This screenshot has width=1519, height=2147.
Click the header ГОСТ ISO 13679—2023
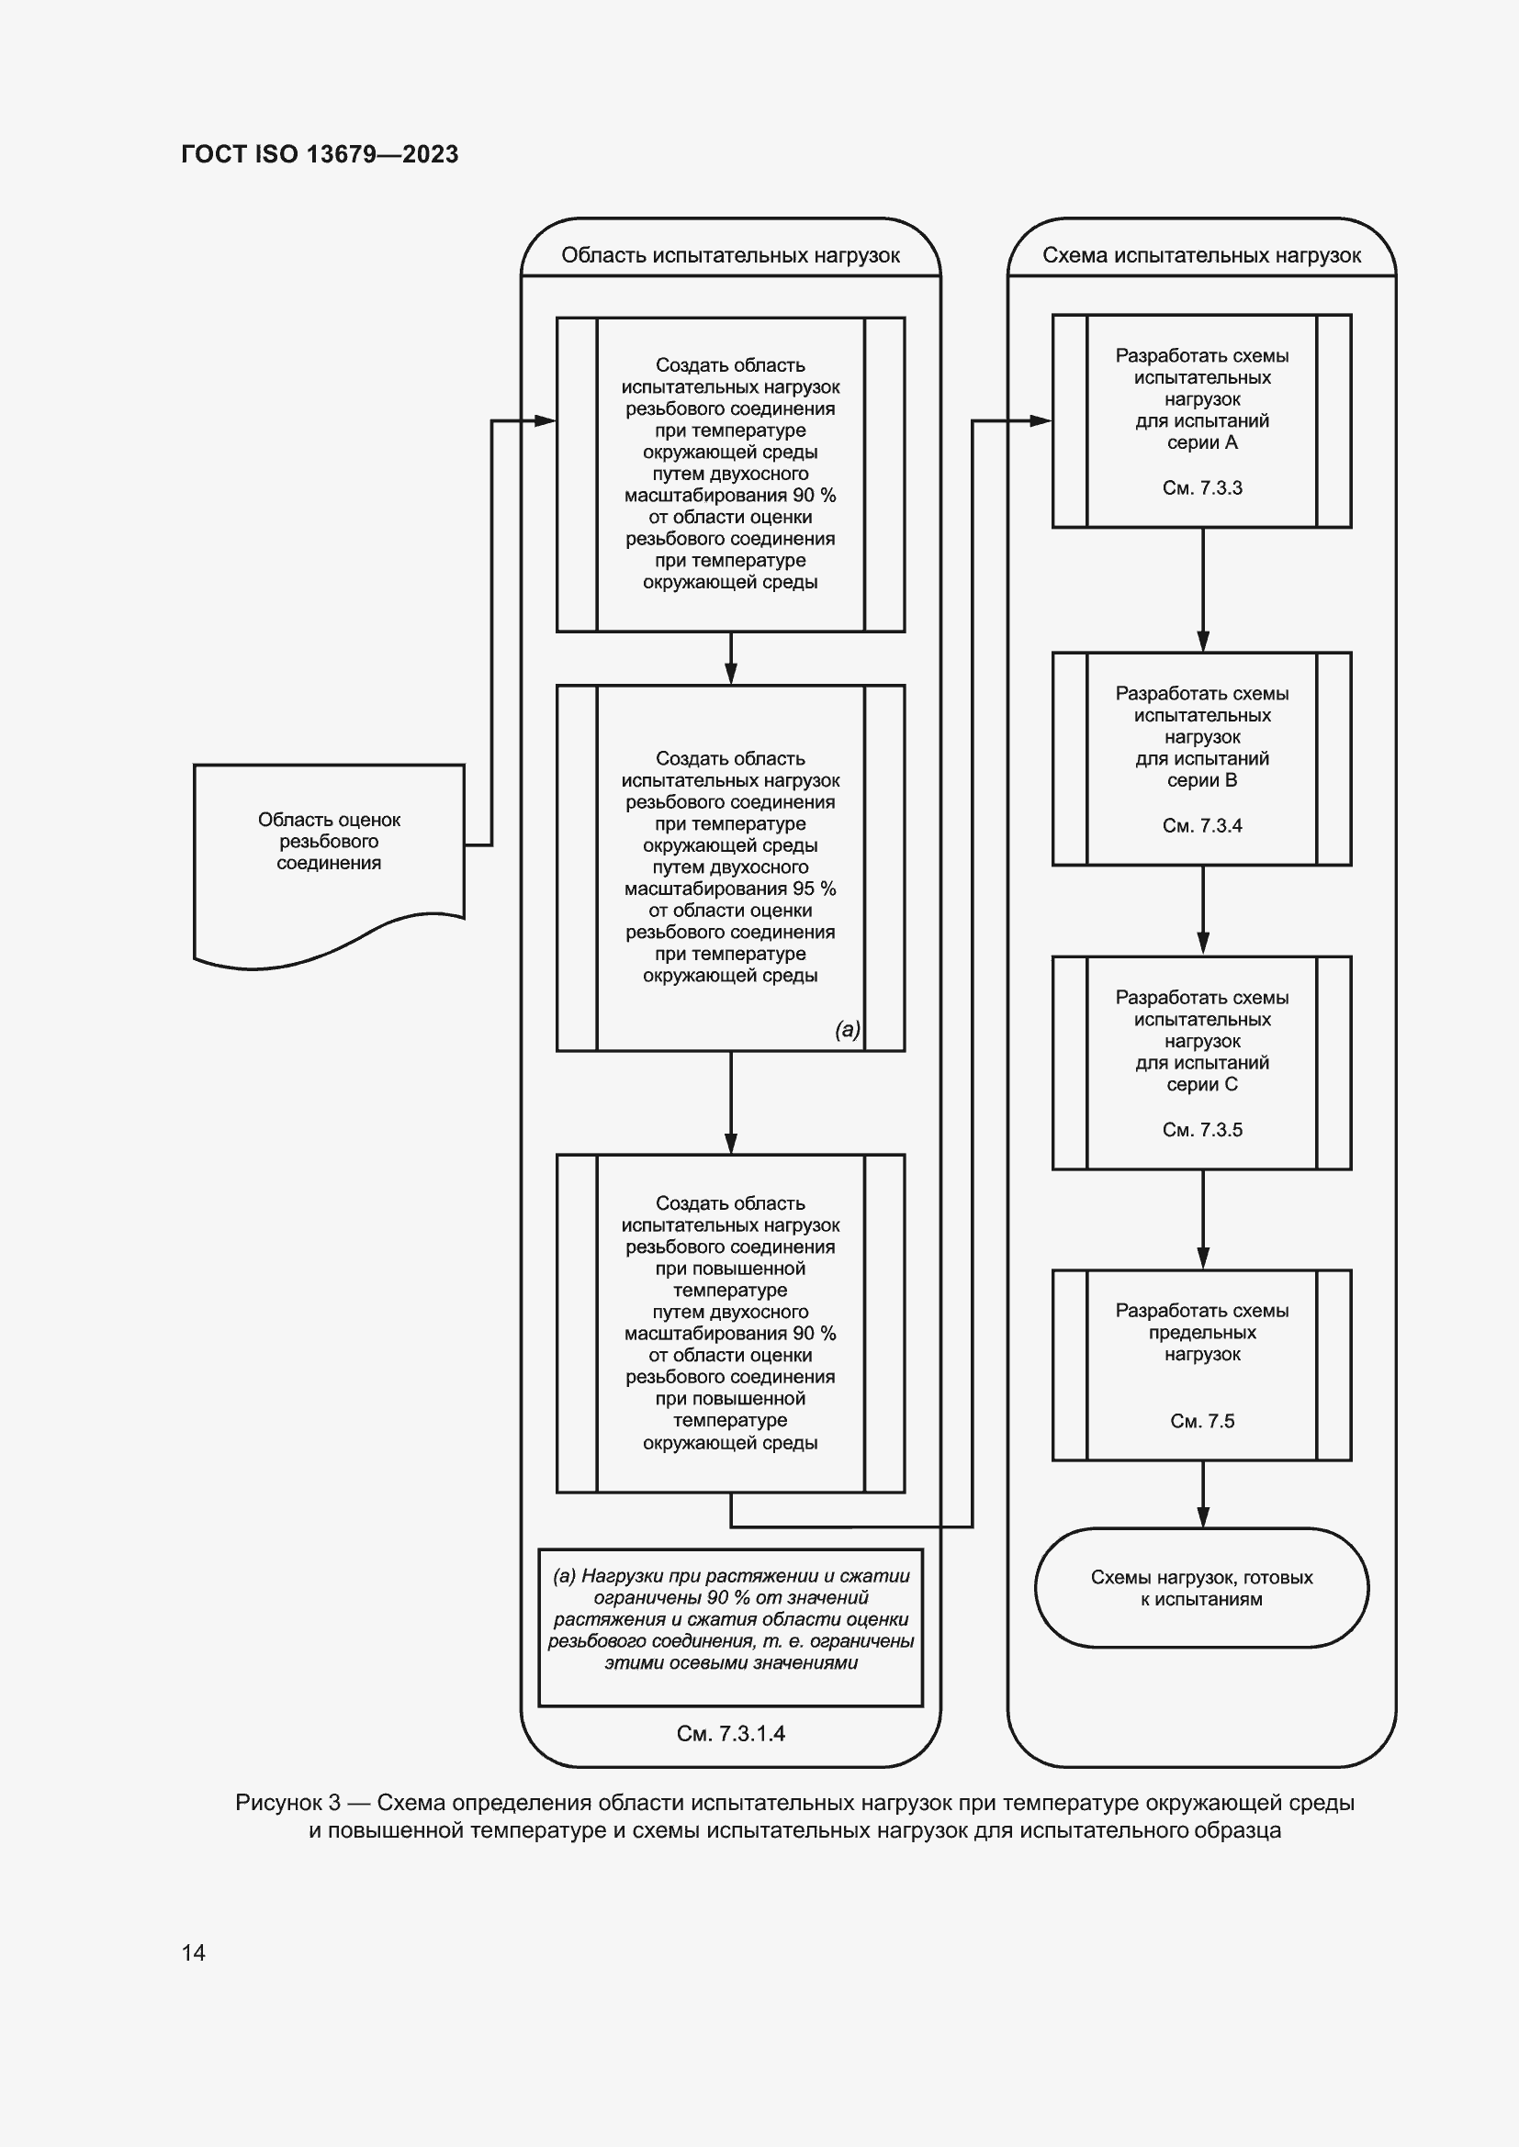[x=320, y=154]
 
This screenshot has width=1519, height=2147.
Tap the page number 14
[x=194, y=1951]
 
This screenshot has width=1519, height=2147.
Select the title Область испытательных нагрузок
[x=730, y=255]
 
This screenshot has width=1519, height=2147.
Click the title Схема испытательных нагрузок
[x=1202, y=255]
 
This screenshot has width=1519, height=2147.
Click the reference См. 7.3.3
[x=1202, y=487]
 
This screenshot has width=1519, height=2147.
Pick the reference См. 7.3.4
[x=1202, y=825]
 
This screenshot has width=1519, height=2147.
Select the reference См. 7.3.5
[x=1202, y=1129]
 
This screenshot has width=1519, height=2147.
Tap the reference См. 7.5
[x=1202, y=1420]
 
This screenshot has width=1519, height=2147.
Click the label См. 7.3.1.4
[x=730, y=1733]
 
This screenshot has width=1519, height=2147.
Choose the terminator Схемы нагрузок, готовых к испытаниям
[x=1202, y=1588]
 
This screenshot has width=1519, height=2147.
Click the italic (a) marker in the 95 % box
[x=848, y=1030]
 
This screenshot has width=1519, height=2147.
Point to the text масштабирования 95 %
[x=730, y=889]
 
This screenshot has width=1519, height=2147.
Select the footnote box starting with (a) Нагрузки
[x=730, y=1627]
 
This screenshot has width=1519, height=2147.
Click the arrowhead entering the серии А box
[x=1041, y=420]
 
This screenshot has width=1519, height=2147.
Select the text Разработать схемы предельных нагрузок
[x=1202, y=1332]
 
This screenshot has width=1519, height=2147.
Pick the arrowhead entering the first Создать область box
[x=545, y=420]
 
